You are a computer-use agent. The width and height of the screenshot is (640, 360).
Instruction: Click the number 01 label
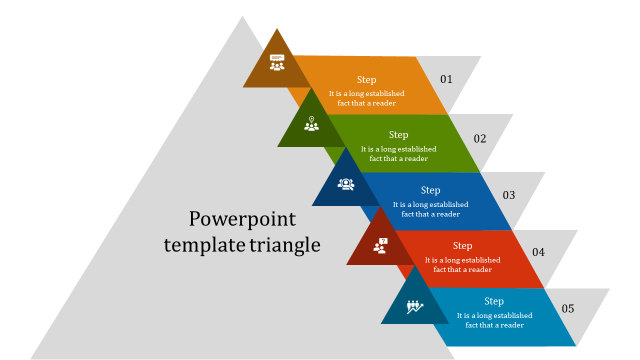click(x=446, y=79)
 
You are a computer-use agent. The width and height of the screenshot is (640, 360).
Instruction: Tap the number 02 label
click(x=479, y=138)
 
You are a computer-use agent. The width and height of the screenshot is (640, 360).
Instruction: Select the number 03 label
click(x=508, y=195)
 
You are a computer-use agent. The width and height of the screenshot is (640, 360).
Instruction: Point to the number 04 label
click(x=538, y=252)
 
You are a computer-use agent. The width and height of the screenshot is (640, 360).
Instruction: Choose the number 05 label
click(x=567, y=308)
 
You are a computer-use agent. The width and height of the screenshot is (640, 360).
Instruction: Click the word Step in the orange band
click(x=366, y=79)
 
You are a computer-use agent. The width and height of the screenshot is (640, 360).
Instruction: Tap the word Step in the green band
click(x=398, y=134)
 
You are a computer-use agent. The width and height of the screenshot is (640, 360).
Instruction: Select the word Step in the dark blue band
click(x=430, y=190)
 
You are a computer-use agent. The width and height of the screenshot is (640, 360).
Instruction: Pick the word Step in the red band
click(x=462, y=245)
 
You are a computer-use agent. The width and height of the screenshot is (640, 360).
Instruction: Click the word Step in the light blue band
click(x=494, y=301)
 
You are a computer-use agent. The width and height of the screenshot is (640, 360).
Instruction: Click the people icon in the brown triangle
click(x=277, y=62)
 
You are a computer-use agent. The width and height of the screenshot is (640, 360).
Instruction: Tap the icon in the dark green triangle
click(x=311, y=123)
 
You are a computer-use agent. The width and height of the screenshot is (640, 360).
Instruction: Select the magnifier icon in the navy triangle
click(x=346, y=184)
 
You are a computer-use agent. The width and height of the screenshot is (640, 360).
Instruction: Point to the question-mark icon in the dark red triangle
click(x=380, y=245)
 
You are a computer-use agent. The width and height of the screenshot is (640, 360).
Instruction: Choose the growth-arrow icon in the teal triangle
click(x=415, y=306)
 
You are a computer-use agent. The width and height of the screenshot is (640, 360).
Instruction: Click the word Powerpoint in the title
click(x=242, y=219)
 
